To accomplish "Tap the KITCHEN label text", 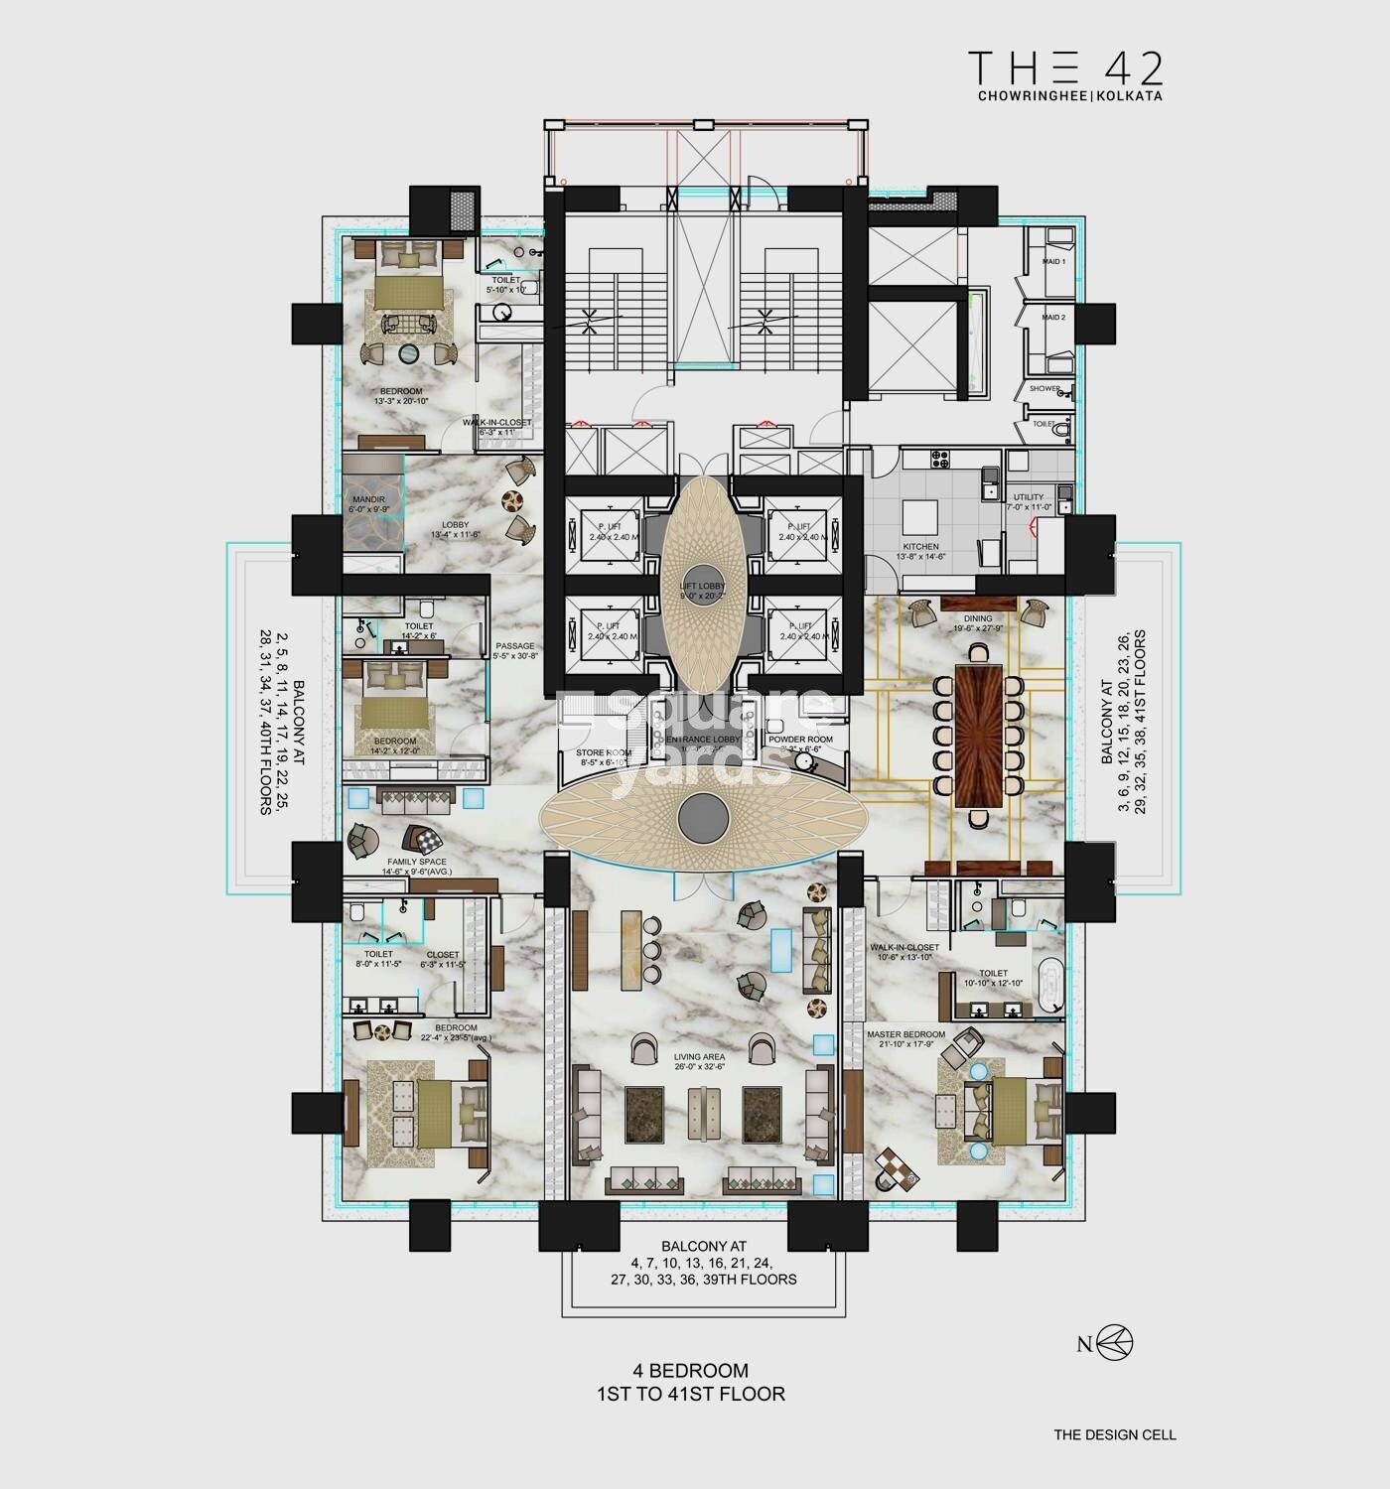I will (920, 546).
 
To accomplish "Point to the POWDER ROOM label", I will (799, 740).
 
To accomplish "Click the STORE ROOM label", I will (604, 752).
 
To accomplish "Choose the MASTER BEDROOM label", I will (905, 1033).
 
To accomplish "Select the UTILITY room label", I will (1029, 497).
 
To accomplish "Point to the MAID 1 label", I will (1053, 262).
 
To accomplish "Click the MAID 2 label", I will (1053, 318).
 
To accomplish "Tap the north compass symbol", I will (1116, 1344).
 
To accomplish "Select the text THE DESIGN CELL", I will (1115, 1434).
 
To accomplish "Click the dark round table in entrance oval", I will (704, 817).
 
